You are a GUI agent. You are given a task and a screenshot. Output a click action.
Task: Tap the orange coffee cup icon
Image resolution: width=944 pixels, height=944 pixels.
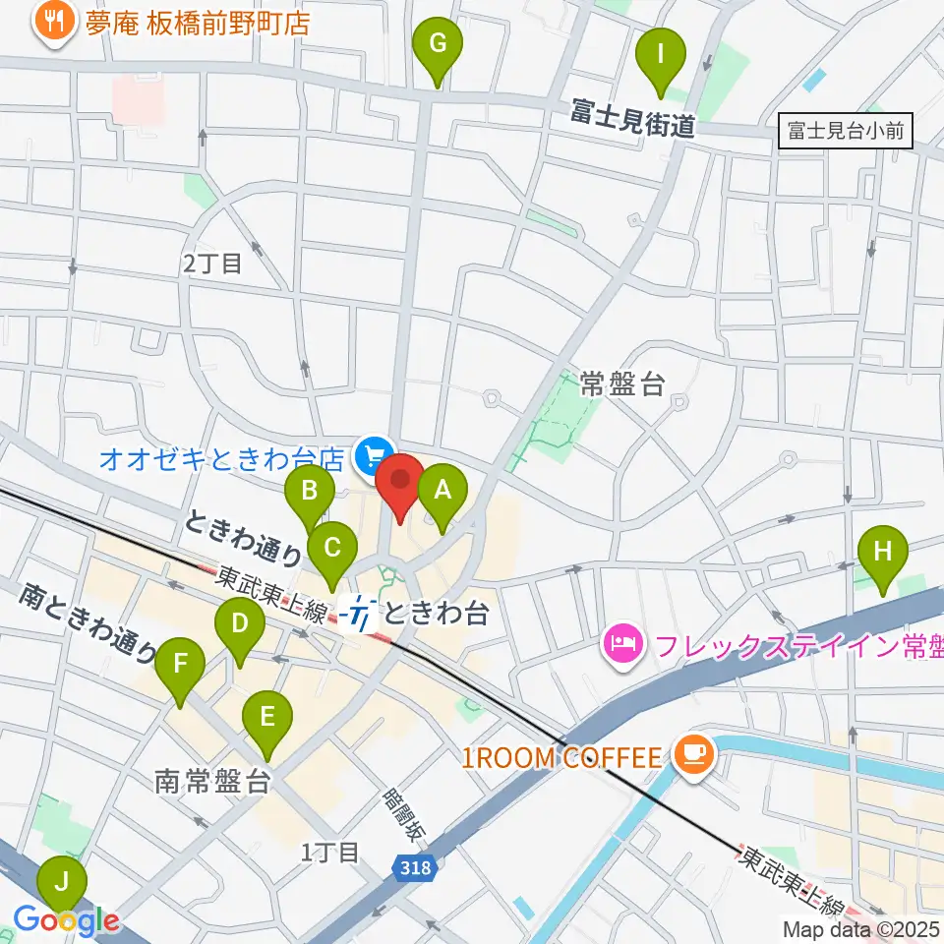pos(692,754)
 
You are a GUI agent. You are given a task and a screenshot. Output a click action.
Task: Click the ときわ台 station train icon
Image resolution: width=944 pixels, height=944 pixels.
pos(361,616)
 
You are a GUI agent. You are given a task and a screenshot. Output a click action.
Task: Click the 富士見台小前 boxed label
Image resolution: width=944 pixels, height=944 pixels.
pos(845,130)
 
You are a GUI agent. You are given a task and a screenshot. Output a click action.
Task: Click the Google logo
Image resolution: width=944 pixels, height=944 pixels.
pos(66,921)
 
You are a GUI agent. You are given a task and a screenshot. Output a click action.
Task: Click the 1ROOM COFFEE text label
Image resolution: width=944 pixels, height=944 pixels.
pos(563,757)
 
